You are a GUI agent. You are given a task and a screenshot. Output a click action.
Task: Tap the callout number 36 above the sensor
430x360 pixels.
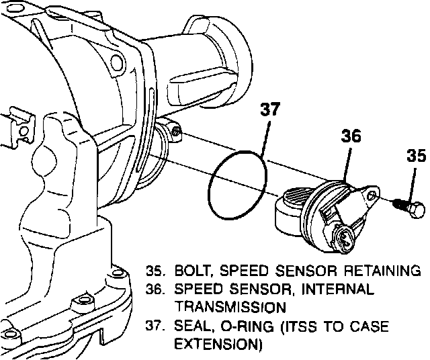(351, 136)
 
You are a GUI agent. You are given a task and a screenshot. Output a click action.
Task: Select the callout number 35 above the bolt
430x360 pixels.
(416, 157)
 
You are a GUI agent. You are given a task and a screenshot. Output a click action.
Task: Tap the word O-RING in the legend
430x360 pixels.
(246, 327)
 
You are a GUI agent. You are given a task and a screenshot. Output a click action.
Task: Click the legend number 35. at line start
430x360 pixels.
(155, 272)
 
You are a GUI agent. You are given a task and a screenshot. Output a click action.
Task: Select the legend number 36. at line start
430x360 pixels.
(155, 289)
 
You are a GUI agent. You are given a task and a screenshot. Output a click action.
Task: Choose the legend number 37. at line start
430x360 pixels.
(155, 327)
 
